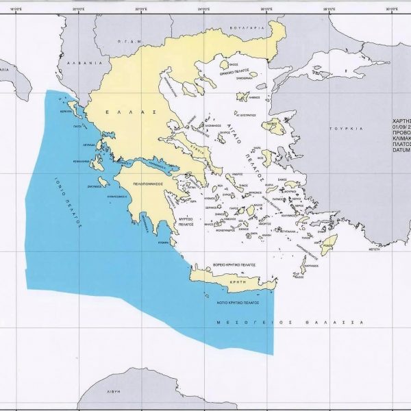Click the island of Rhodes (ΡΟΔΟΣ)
tap(330, 240)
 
